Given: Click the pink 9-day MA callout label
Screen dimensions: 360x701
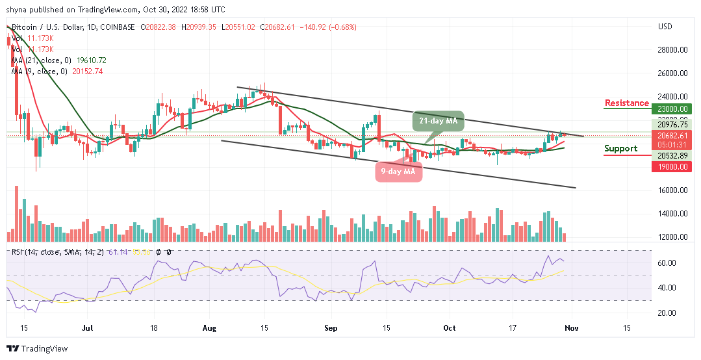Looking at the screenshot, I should coord(398,172).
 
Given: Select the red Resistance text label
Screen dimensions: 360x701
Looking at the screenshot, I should coord(626,103).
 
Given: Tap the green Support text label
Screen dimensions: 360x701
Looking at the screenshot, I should coord(620,148).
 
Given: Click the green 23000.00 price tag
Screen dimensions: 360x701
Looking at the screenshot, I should coord(672,109).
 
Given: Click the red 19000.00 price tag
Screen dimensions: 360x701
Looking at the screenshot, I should coord(672,166).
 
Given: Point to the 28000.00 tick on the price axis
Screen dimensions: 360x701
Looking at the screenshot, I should coord(672,50).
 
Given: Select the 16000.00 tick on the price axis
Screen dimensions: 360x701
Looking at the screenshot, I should coord(672,190).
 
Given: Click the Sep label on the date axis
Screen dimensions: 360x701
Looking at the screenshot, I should coord(331,329).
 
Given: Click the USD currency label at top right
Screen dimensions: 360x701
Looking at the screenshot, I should coord(665,27).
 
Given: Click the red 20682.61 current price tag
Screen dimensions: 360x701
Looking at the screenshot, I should coord(672,135).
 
